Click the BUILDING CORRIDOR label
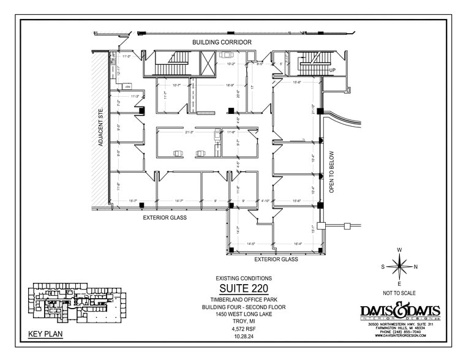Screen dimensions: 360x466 click(222, 42)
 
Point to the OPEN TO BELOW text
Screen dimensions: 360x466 click(332, 172)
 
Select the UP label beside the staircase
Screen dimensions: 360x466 click(333, 70)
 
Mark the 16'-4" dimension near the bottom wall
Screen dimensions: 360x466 click(298, 244)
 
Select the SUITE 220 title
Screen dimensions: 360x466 click(243, 289)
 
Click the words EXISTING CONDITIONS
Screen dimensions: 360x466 click(243, 279)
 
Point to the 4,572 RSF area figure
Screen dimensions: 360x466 click(243, 328)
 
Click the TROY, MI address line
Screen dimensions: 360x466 click(243, 321)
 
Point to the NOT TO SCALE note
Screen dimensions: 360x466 click(399, 294)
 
